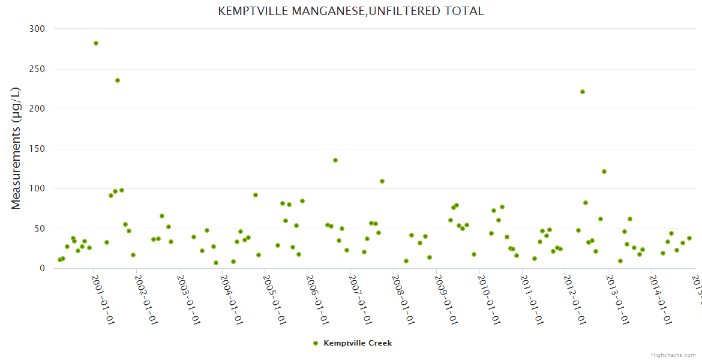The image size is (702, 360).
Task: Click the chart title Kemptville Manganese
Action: [x=350, y=11]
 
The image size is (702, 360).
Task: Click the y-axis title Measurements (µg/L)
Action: [x=16, y=148]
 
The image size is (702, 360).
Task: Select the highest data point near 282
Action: [x=96, y=43]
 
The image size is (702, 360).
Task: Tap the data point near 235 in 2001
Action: [x=118, y=80]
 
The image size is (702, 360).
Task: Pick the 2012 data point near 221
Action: [x=583, y=92]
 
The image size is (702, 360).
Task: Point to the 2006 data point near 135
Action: [x=335, y=160]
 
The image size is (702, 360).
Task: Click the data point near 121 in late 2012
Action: [x=604, y=172]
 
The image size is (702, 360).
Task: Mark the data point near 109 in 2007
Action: [x=382, y=181]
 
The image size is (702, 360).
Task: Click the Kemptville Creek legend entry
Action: [x=358, y=343]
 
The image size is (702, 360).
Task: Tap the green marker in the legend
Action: [x=316, y=343]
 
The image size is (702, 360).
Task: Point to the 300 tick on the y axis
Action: [x=37, y=29]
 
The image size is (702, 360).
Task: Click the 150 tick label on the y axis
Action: [x=37, y=149]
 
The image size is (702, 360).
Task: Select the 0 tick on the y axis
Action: [x=42, y=268]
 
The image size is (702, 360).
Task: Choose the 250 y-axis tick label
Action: [x=37, y=69]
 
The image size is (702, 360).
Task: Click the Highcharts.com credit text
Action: [x=673, y=355]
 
